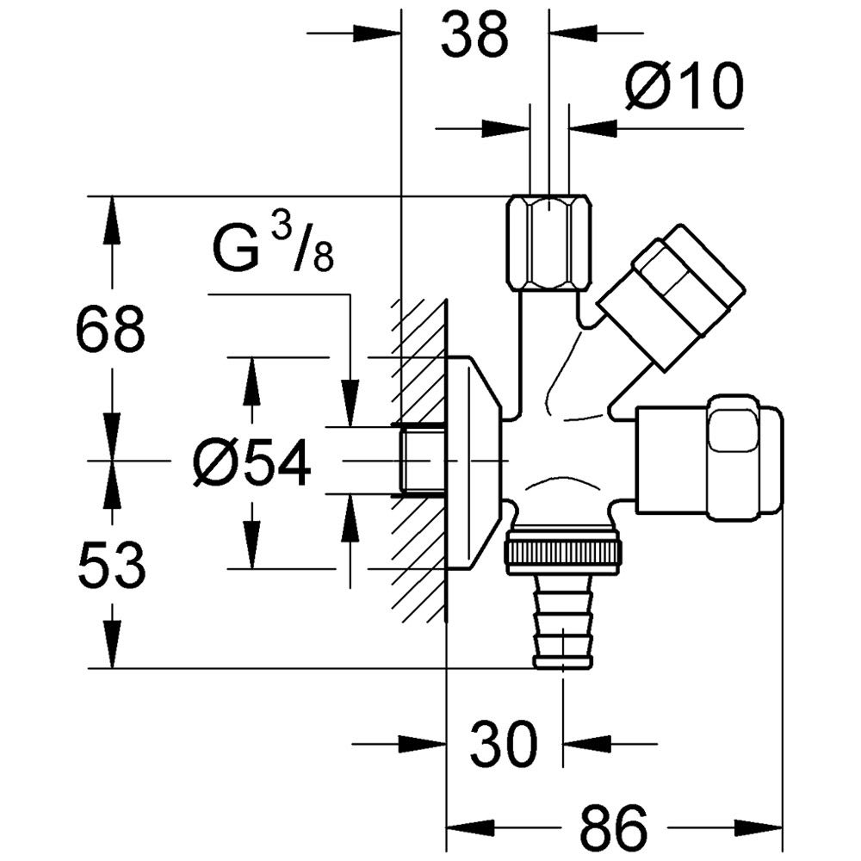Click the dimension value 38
click(x=474, y=36)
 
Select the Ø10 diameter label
click(x=684, y=85)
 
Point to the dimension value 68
click(x=110, y=331)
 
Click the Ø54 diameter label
click(x=252, y=463)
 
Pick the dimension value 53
click(x=111, y=566)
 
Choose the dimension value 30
click(x=504, y=745)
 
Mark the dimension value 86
click(x=613, y=827)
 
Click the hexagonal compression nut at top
click(x=549, y=244)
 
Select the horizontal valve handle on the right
click(x=709, y=458)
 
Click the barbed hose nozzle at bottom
click(x=563, y=622)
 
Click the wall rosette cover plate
click(x=473, y=463)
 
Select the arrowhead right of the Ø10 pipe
click(x=593, y=129)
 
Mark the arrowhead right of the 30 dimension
click(x=587, y=745)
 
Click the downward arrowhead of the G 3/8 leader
click(x=350, y=402)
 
